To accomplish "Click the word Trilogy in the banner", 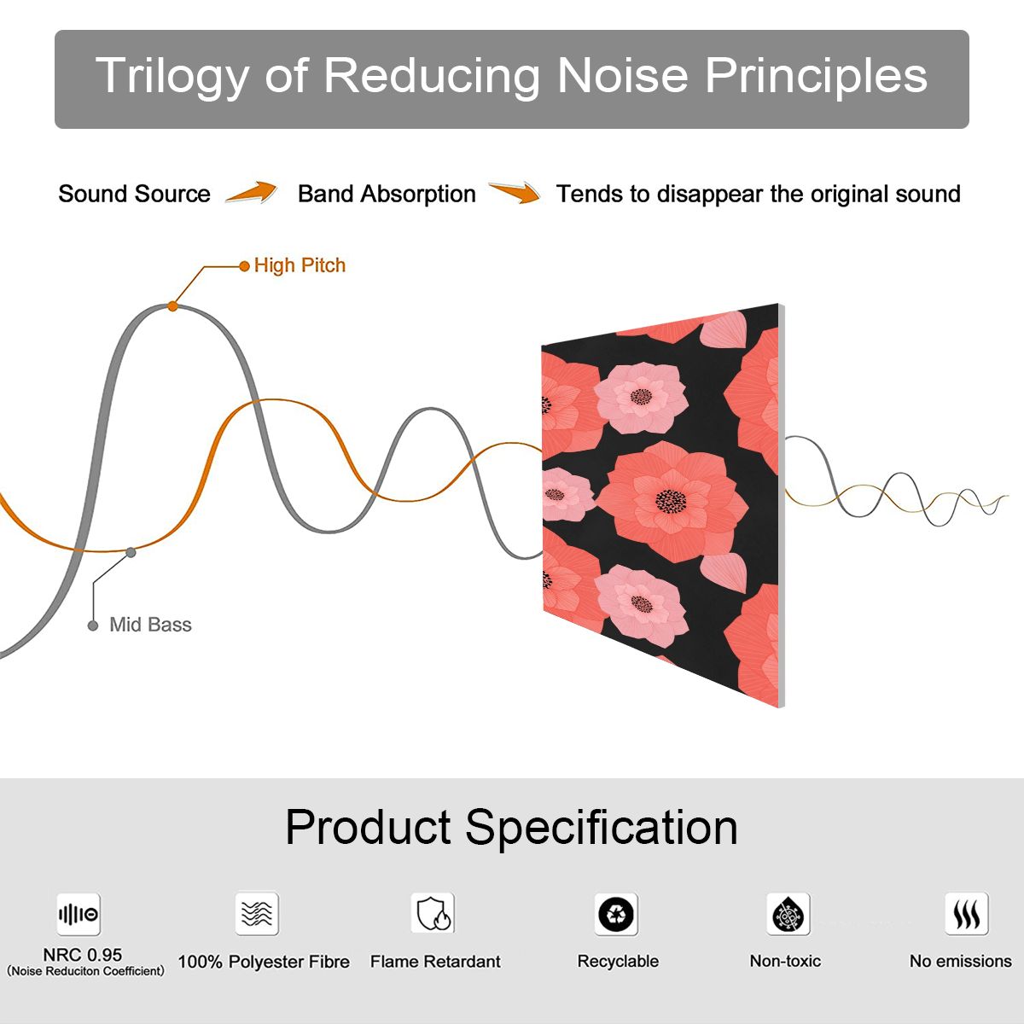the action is click(x=172, y=77).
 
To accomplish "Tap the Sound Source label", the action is click(x=135, y=194).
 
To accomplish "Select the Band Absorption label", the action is click(x=387, y=194).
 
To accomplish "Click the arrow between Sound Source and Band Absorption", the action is click(x=252, y=192).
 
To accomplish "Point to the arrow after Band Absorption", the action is click(x=515, y=192).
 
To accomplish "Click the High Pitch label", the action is click(x=300, y=265).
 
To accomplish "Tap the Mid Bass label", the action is click(x=150, y=625).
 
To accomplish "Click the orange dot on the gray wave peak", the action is click(x=172, y=306).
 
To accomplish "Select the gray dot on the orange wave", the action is click(x=131, y=553).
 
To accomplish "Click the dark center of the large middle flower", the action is click(x=672, y=501).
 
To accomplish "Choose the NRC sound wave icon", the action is click(x=79, y=915).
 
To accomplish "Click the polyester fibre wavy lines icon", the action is click(x=257, y=913).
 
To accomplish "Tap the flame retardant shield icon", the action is click(x=433, y=913).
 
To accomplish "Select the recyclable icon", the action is click(x=616, y=914).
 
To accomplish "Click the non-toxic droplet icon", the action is click(x=788, y=914).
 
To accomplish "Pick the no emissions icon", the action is click(x=967, y=914).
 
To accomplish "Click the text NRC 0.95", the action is click(x=83, y=955).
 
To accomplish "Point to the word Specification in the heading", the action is click(x=602, y=829).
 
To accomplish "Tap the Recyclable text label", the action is click(x=618, y=962).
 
